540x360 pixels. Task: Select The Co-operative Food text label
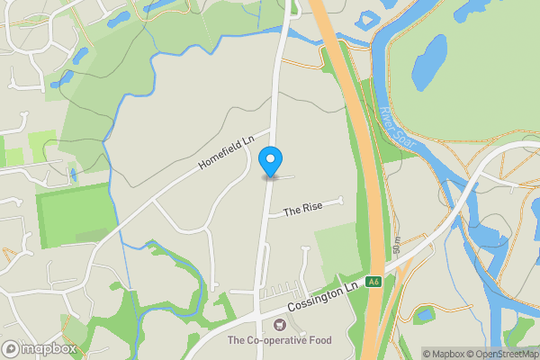pyautogui.click(x=279, y=340)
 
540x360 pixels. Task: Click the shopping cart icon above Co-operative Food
pyautogui.click(x=279, y=325)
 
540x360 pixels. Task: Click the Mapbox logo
pyautogui.click(x=40, y=348)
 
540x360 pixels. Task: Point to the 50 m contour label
pyautogui.click(x=396, y=245)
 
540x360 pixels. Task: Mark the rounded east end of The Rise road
pyautogui.click(x=341, y=199)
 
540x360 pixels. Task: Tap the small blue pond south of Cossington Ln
pyautogui.click(x=423, y=314)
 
